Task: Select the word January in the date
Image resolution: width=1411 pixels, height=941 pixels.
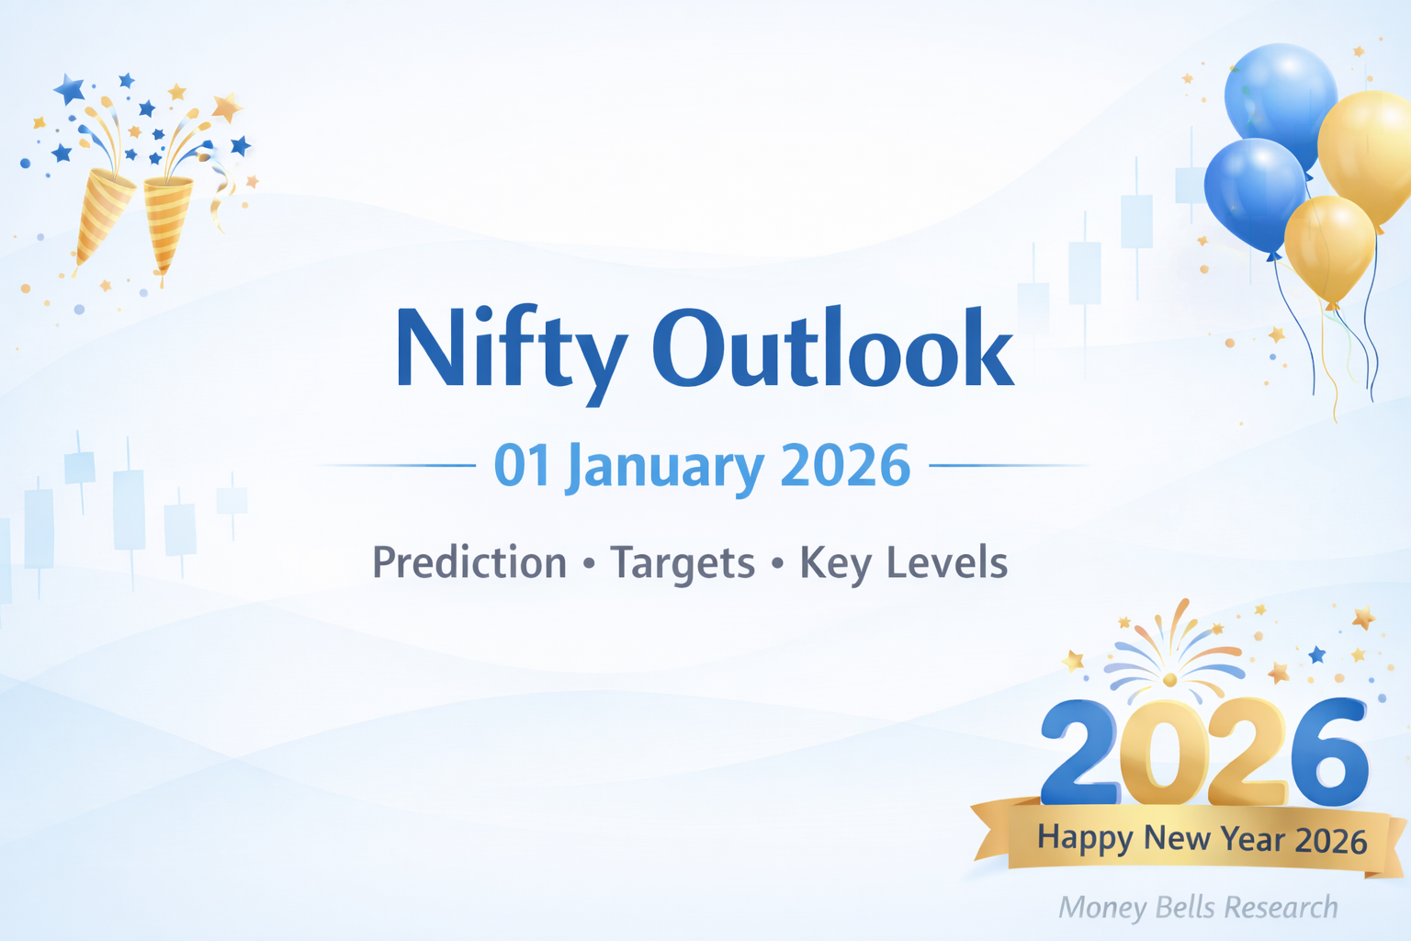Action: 666,466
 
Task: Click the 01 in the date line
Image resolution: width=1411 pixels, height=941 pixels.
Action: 521,466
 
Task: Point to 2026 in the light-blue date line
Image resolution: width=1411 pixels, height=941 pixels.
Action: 844,466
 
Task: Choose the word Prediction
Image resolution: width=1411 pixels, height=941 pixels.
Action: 468,562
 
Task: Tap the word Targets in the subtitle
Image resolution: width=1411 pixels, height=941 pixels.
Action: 682,562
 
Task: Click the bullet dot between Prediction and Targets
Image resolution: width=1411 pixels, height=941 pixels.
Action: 589,563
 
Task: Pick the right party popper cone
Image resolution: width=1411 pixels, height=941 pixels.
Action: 168,221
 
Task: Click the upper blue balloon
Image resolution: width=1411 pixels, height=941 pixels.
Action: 1281,96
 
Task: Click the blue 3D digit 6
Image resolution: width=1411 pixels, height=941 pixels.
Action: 1328,752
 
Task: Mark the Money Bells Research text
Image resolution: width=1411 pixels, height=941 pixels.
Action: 1198,908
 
